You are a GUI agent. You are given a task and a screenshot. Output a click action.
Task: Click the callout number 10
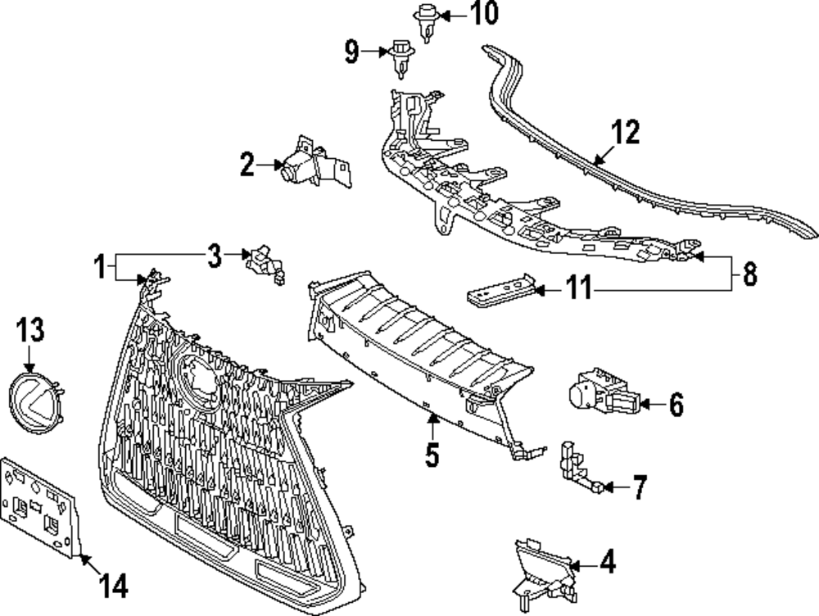[484, 13]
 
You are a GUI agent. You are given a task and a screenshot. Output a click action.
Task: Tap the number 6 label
[676, 404]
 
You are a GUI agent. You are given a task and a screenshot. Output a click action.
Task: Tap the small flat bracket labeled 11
[500, 288]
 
